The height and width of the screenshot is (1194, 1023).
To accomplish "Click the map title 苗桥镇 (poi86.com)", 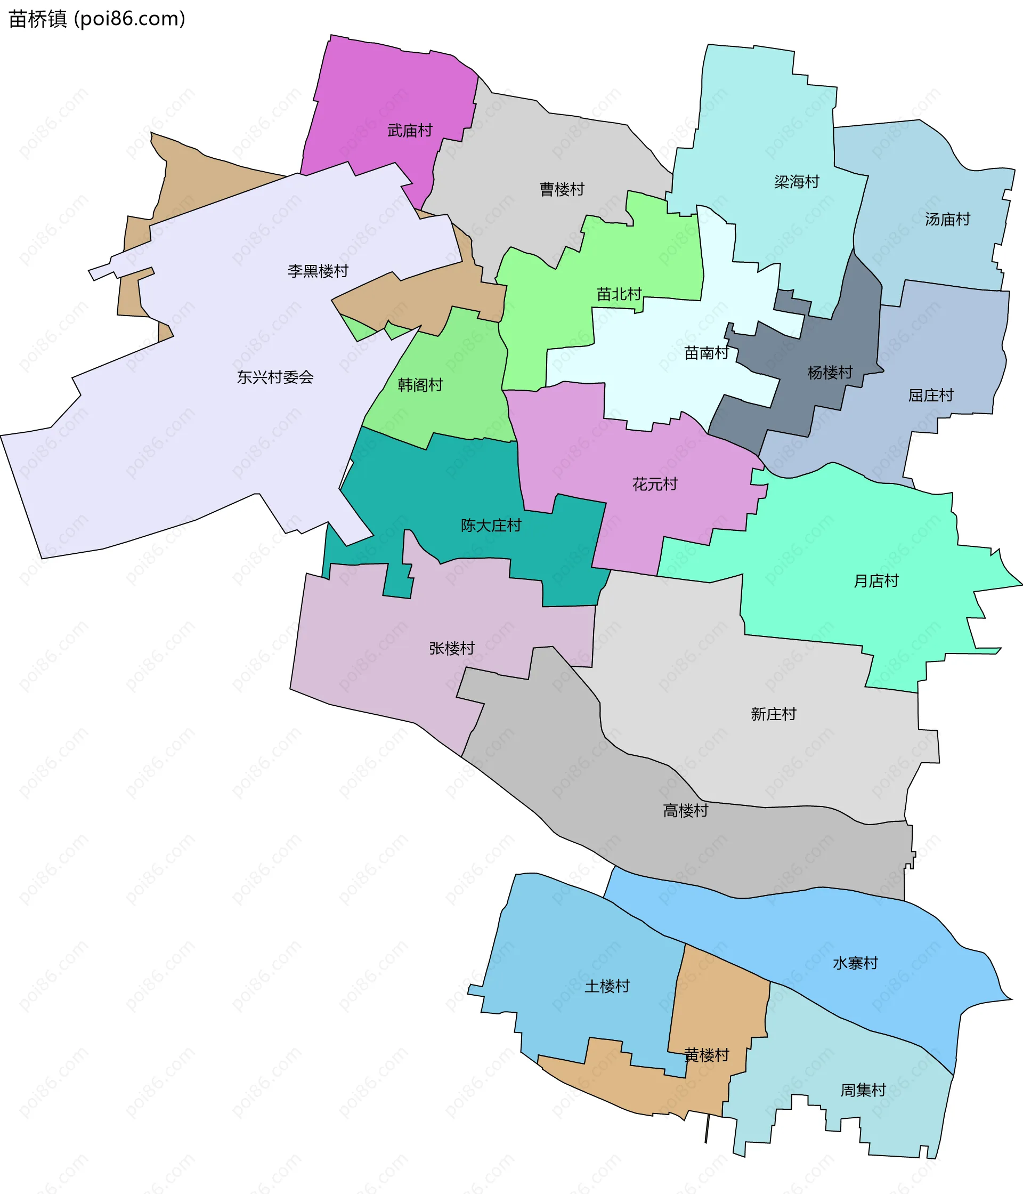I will coord(97,19).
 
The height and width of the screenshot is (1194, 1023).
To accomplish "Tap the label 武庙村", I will coord(410,131).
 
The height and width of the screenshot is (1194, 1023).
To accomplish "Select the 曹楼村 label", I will coord(562,189).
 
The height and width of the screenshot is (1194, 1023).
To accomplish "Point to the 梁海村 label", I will coord(797,182).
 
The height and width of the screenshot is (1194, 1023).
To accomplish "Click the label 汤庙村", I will coord(947,220).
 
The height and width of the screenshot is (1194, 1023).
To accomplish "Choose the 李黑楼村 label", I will coord(318,271).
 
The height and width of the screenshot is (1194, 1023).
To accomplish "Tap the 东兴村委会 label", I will coord(275,377).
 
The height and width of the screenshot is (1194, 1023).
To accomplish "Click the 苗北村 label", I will coord(619,294).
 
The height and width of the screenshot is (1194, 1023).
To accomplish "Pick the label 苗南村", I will coord(707,353).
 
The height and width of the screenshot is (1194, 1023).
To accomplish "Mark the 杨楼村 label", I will coord(830,373).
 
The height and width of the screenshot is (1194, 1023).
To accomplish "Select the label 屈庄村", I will coord(931,396).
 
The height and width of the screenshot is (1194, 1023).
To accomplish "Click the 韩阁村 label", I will coord(420,385).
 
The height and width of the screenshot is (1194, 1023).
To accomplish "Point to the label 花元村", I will coord(655,484).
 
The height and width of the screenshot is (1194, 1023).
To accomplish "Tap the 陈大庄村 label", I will coord(491,526).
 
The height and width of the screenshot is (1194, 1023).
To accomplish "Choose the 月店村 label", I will coord(876,581).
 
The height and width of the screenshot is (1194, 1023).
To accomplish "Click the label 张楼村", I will coord(452,649).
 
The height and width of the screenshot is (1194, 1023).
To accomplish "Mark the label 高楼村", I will coord(685,811).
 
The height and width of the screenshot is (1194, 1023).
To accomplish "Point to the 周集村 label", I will coord(863,1090).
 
